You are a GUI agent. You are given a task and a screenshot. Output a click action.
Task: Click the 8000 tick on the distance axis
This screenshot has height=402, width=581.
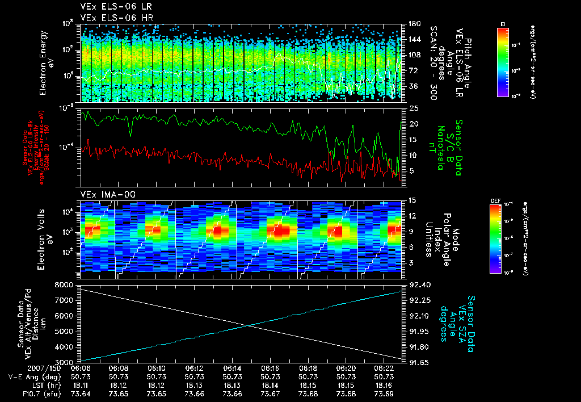coord(64,284)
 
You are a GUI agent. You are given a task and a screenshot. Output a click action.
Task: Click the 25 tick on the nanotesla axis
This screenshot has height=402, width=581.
coord(414,108)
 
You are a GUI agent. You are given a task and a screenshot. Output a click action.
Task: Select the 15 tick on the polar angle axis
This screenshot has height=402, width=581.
coord(414,200)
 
